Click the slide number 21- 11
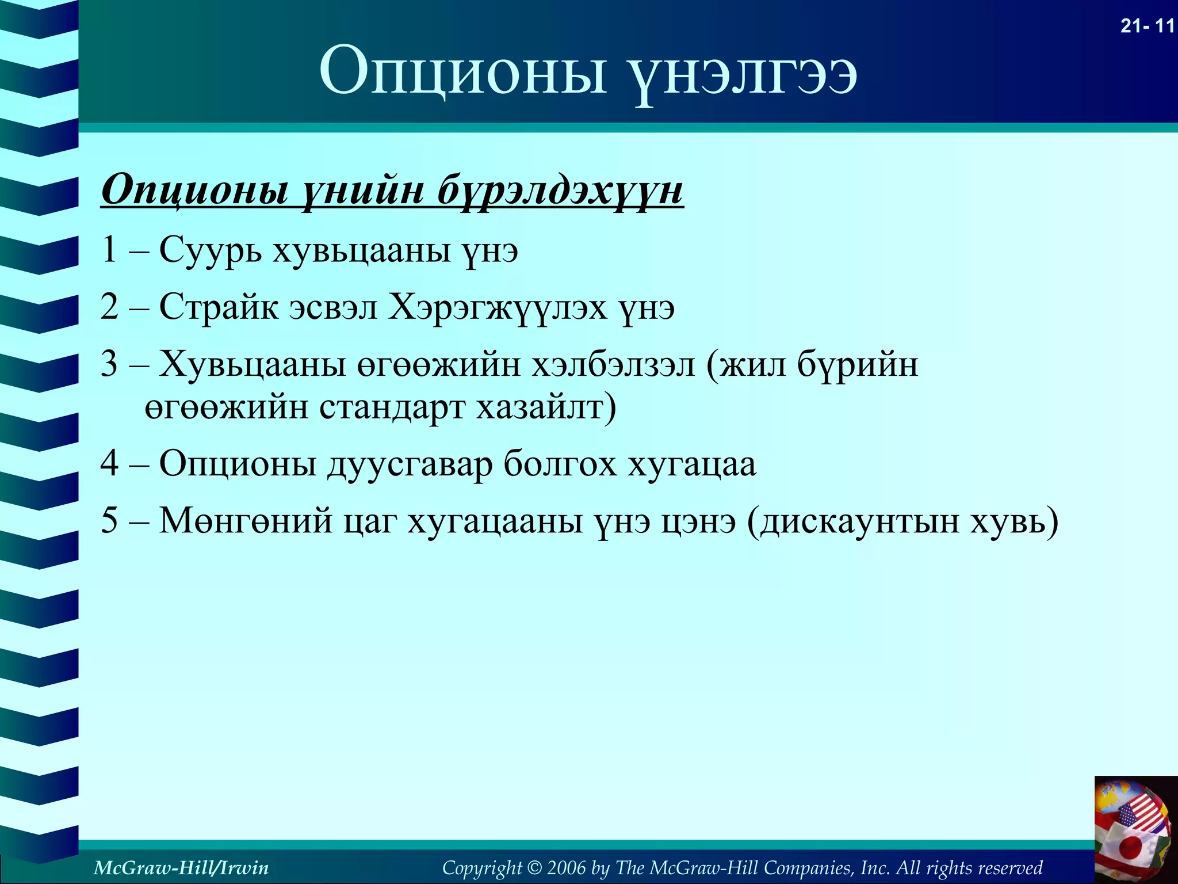(x=1146, y=26)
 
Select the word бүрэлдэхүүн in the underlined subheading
(x=560, y=190)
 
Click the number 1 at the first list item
(x=109, y=250)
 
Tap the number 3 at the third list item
(x=109, y=364)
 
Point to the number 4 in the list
(x=109, y=463)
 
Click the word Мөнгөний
(x=246, y=521)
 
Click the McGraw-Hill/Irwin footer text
(x=181, y=867)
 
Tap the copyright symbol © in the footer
(x=534, y=867)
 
